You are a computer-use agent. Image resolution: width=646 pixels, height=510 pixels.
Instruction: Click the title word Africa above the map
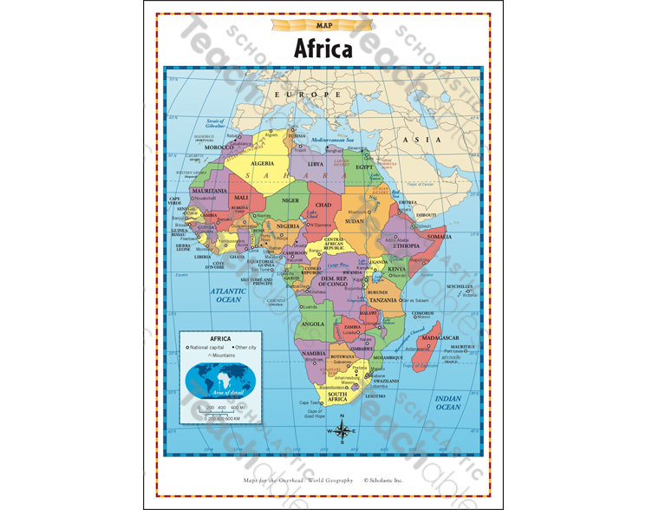[323, 48]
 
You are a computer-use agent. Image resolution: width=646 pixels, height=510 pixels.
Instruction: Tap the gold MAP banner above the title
[323, 25]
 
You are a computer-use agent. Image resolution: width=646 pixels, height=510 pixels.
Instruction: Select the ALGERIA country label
[263, 163]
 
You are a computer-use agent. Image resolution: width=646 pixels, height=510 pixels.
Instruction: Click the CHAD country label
[323, 205]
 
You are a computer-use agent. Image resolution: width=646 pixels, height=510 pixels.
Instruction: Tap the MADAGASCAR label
[439, 337]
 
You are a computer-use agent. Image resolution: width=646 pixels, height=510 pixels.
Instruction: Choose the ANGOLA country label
[312, 324]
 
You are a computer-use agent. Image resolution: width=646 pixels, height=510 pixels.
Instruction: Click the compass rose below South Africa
[343, 429]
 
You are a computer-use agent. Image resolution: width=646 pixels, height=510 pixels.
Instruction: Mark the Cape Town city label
[310, 402]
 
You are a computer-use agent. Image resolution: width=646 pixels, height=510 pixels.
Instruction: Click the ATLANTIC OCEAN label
[228, 295]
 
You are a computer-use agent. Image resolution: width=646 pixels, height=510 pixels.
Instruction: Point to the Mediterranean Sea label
[334, 140]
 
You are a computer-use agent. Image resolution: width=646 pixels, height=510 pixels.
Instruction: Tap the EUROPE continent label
[303, 93]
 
